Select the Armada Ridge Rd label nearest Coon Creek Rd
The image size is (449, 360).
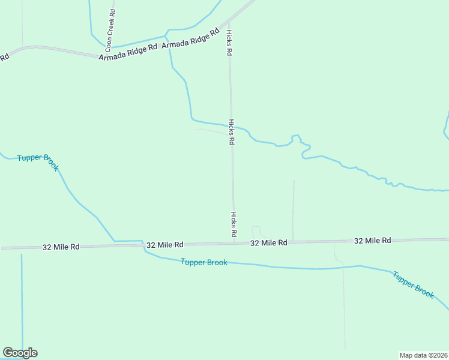pos(128,52)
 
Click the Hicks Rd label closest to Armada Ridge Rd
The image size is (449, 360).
pos(229,43)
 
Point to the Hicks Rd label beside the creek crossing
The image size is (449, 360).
pos(231,133)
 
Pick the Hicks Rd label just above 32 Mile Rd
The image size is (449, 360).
pos(234,224)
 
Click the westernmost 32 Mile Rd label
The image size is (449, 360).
pos(61,247)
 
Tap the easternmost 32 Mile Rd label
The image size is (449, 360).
pos(372,240)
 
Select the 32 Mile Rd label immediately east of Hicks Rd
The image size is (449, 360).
pos(268,242)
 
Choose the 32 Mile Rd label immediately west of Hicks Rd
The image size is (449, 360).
pos(165,245)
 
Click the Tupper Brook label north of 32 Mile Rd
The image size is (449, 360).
pos(38,161)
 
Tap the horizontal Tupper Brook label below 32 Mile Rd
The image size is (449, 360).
pos(204,262)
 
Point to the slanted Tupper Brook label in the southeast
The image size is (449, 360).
pos(414,285)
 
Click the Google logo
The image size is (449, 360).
pos(20,353)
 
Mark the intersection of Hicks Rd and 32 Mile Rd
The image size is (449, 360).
pos(234,243)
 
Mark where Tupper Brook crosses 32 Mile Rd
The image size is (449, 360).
pos(143,245)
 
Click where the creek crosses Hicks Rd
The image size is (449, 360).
pos(231,125)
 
